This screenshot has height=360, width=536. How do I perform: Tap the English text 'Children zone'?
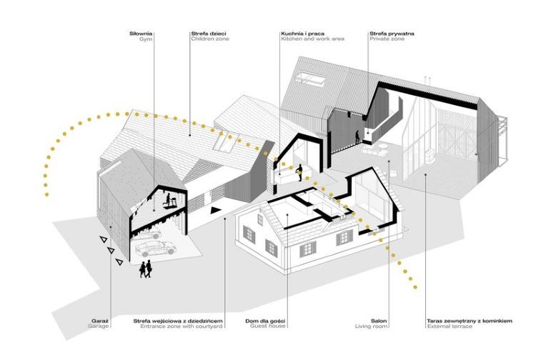(x=210, y=39)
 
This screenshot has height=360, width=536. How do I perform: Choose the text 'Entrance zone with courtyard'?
(x=177, y=327)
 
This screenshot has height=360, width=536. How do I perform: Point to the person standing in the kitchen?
(x=301, y=172)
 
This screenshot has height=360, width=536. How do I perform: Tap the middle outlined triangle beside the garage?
(x=110, y=251)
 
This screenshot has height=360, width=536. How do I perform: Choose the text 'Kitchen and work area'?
(x=312, y=39)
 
